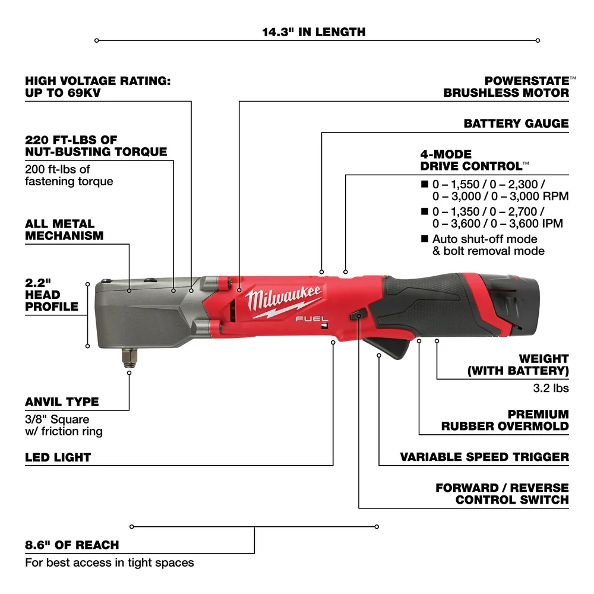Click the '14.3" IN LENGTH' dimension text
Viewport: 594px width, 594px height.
tap(314, 31)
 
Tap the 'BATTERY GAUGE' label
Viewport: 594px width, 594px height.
tap(516, 124)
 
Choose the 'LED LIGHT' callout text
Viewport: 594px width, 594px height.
tap(58, 457)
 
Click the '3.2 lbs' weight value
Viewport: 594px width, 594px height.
tap(551, 388)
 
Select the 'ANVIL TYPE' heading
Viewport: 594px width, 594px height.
tap(62, 402)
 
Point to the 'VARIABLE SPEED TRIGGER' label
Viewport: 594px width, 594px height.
tap(484, 457)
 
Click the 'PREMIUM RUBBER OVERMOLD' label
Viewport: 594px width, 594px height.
tap(504, 420)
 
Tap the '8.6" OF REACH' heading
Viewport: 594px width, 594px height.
tap(72, 545)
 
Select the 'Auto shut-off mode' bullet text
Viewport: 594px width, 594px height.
tap(485, 239)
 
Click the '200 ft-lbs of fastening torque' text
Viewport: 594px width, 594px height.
tap(69, 175)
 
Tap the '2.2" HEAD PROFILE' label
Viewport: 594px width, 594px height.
tap(52, 294)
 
